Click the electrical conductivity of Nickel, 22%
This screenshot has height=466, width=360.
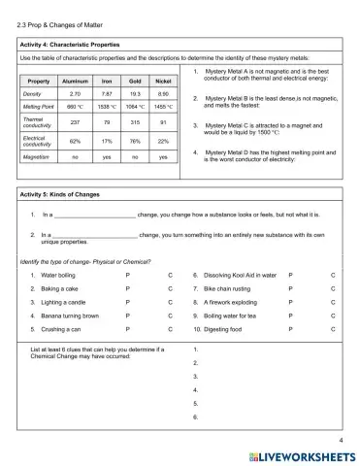(x=163, y=140)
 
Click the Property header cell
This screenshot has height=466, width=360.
(x=40, y=80)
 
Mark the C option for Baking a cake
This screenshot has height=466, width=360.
(x=169, y=288)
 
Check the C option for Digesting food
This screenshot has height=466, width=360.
(x=333, y=329)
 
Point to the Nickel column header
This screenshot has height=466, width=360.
(x=163, y=80)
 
